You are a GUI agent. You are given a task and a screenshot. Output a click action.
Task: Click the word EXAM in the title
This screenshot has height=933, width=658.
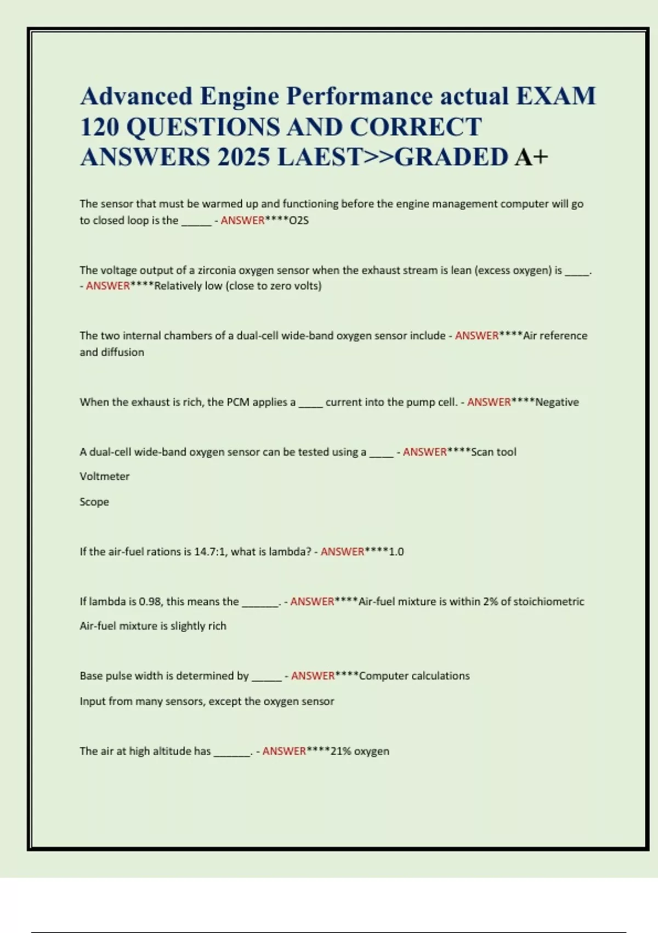pos(555,97)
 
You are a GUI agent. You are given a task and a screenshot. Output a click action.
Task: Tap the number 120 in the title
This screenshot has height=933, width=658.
pos(99,127)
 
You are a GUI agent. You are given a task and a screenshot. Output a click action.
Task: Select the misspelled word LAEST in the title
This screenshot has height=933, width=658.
pos(320,158)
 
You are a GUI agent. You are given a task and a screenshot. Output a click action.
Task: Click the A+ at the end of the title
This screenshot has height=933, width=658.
pos(531,158)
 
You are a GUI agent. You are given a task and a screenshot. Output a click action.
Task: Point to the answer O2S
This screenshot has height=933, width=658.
pos(299,221)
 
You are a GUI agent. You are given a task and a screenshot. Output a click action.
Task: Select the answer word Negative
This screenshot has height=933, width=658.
pos(557,402)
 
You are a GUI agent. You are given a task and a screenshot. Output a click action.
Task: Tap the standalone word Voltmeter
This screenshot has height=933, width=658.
pos(104,476)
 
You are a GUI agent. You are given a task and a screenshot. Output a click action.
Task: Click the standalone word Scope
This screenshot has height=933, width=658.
pos(94,502)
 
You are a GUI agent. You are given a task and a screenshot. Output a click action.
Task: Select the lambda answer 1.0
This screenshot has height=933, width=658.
pos(396,552)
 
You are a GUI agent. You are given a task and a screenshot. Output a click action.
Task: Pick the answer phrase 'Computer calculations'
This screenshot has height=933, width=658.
pos(414,676)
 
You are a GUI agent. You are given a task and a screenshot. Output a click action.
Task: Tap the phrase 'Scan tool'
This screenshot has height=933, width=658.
pos(493,452)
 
